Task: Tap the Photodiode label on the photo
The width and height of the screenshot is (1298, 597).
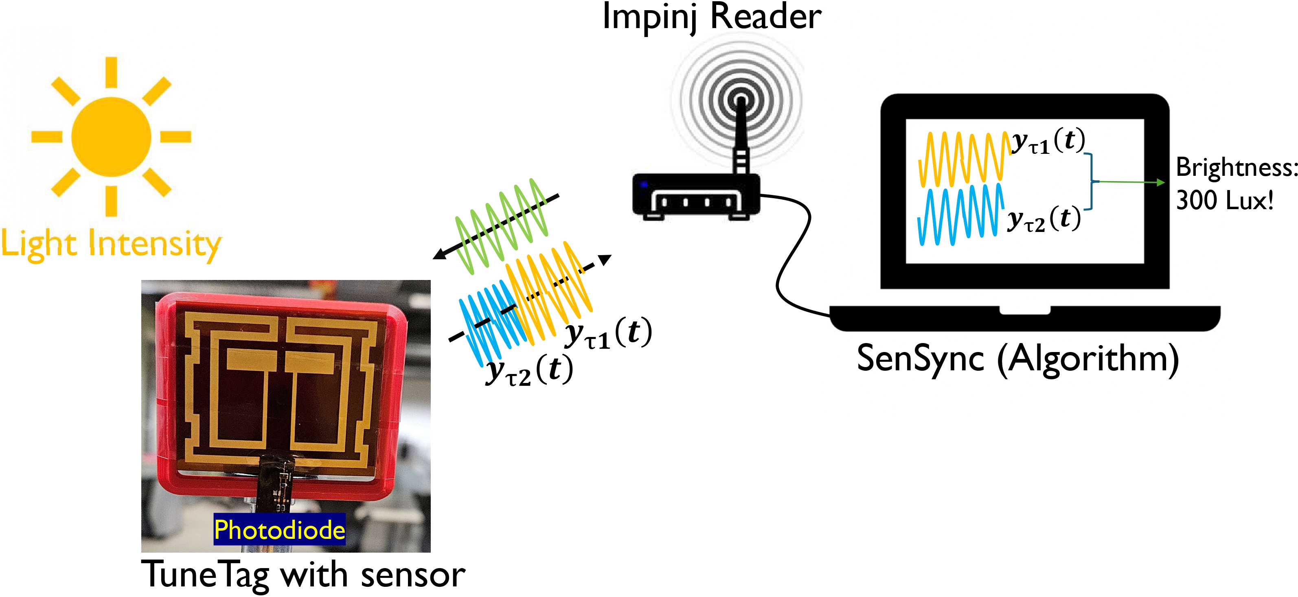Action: point(280,529)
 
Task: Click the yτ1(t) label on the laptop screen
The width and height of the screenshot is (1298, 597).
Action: point(1048,141)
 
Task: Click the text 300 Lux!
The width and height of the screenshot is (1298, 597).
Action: point(1224,201)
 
